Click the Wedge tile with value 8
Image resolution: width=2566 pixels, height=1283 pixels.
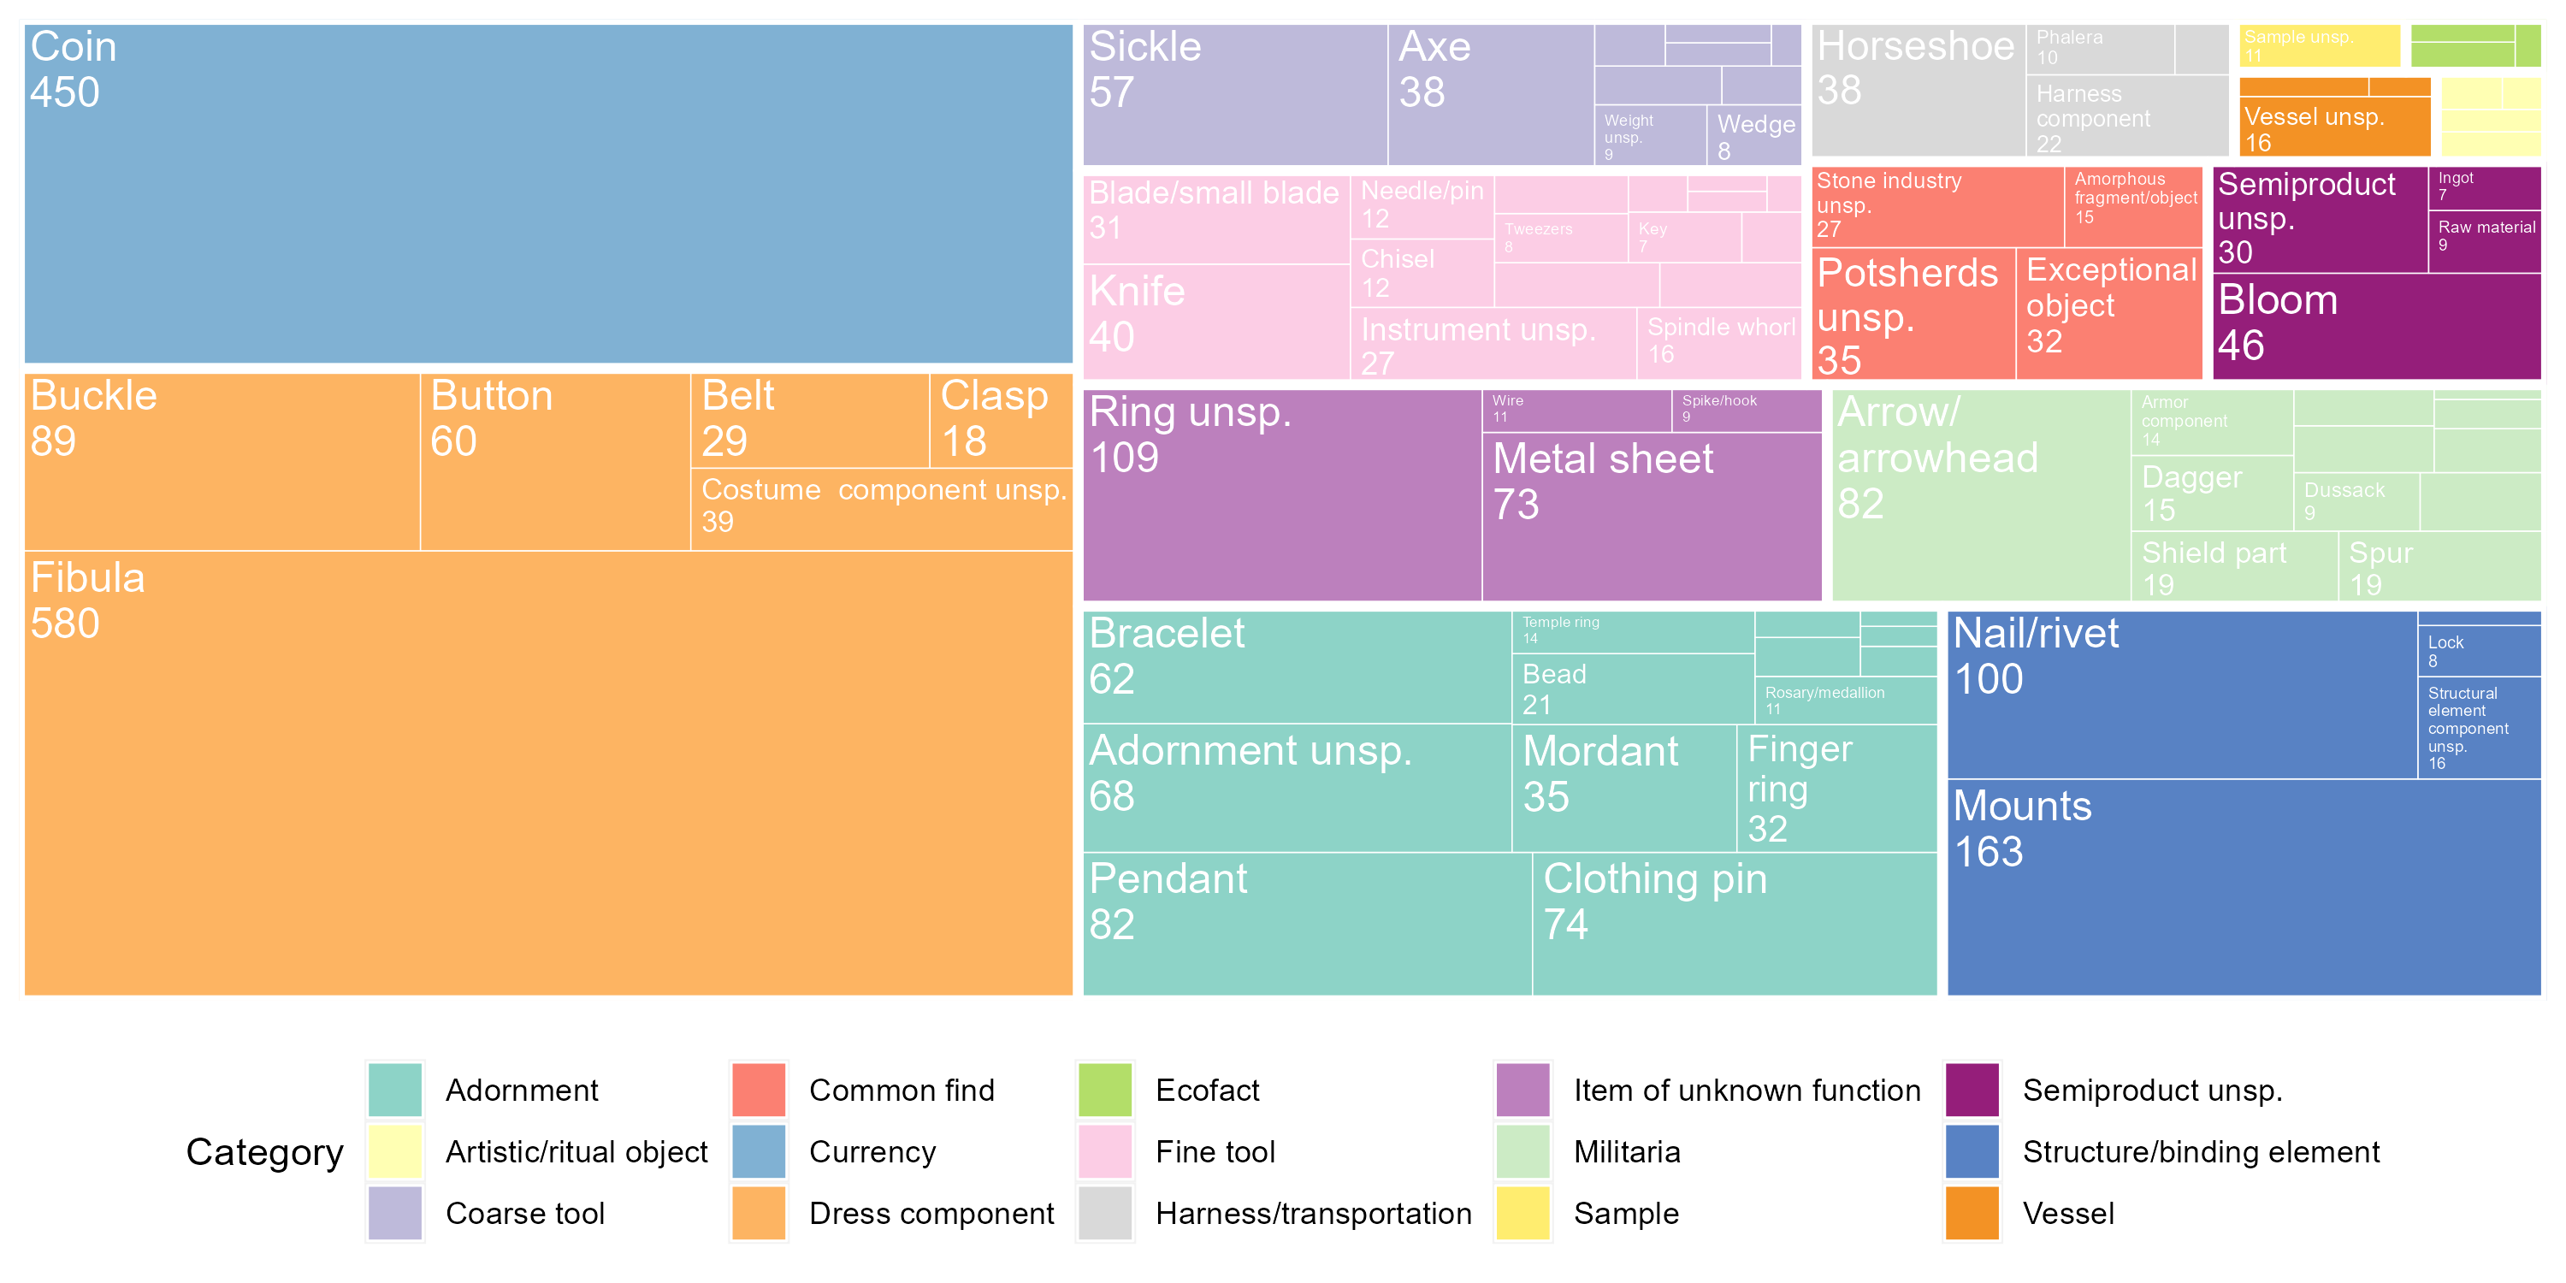[x=1754, y=137]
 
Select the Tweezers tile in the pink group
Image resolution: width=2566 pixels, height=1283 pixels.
[x=1561, y=238]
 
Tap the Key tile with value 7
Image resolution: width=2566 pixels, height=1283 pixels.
[x=1684, y=238]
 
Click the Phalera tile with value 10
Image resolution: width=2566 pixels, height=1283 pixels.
[x=2100, y=49]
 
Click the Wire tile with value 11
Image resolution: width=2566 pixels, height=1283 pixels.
[x=1576, y=411]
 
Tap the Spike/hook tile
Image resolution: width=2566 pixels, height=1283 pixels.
[x=1745, y=411]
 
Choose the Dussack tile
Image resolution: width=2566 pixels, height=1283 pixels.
[x=2356, y=501]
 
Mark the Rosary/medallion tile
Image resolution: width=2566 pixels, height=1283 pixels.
[x=1845, y=701]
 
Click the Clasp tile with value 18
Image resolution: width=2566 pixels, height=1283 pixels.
[x=1000, y=419]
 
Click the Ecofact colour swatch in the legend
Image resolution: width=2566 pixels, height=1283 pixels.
[x=1105, y=1090]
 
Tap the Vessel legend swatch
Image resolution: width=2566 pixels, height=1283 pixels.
[x=1972, y=1213]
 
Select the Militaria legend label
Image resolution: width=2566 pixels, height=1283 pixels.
[x=1627, y=1152]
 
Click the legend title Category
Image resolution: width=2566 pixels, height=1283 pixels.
[x=264, y=1152]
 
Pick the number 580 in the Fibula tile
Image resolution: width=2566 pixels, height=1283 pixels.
[x=66, y=624]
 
